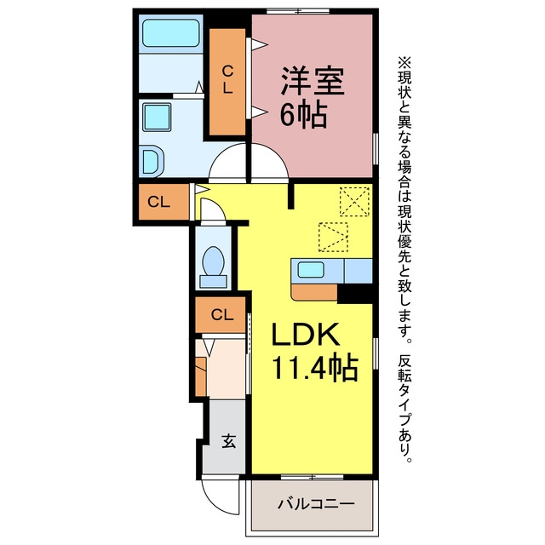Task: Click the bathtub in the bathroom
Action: tap(171, 33)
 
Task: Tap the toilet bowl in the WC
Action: tap(213, 261)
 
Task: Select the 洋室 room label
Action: tap(313, 81)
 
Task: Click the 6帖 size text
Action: tap(303, 114)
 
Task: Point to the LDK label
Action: tap(306, 334)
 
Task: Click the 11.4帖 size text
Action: tap(314, 367)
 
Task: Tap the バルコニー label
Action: tap(316, 503)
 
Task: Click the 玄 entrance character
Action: tap(229, 441)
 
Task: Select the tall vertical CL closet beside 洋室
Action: tap(227, 82)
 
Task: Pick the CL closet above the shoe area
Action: tap(221, 314)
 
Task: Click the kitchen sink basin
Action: tap(311, 270)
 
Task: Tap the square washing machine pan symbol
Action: tap(157, 117)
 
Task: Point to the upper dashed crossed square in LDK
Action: tap(354, 201)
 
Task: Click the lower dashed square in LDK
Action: tap(333, 237)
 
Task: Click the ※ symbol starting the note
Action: tap(404, 63)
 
